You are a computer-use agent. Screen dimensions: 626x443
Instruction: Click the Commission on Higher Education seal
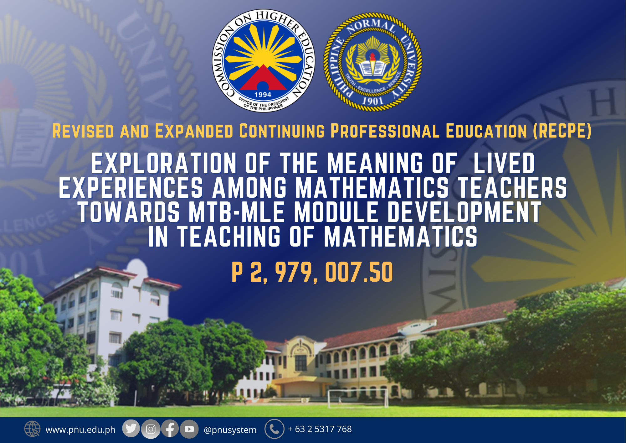pos(264,61)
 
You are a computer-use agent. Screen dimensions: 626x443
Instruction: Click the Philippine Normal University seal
pos(372,62)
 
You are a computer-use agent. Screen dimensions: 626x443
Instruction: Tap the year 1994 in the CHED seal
pos(263,95)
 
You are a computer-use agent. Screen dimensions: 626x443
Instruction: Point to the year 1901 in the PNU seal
pos(372,101)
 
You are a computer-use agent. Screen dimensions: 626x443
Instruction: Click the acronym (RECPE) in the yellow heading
pos(562,131)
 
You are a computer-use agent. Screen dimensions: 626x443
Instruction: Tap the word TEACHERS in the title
pos(512,188)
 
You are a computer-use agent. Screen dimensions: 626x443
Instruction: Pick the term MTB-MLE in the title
pos(237,212)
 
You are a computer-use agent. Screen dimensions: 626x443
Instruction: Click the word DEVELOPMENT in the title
pos(464,212)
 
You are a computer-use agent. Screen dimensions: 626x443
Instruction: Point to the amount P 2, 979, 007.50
pos(312,272)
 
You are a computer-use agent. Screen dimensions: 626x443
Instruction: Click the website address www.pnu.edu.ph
pos(80,430)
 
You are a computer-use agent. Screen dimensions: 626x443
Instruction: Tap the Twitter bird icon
pos(131,428)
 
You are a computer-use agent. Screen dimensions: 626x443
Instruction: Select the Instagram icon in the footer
pos(151,429)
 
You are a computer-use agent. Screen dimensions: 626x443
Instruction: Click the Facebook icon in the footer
pos(170,429)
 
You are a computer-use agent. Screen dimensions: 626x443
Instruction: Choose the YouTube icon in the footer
pos(189,429)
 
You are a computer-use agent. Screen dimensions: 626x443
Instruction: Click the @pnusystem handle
pos(230,430)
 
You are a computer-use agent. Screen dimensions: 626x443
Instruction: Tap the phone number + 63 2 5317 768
pos(320,429)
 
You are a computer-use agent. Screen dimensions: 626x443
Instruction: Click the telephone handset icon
pos(275,429)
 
